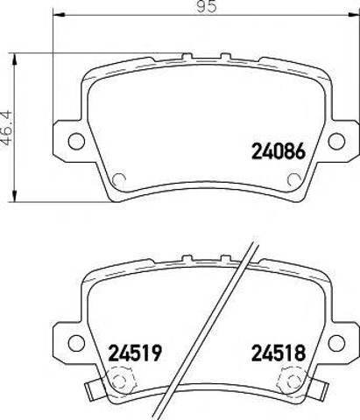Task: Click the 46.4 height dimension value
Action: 6,128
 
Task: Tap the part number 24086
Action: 279,151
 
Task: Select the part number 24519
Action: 135,353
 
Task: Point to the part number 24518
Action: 279,353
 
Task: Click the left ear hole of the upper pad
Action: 76,141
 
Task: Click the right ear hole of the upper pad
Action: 336,141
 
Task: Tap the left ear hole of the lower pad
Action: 76,343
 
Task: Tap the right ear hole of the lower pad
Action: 336,343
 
